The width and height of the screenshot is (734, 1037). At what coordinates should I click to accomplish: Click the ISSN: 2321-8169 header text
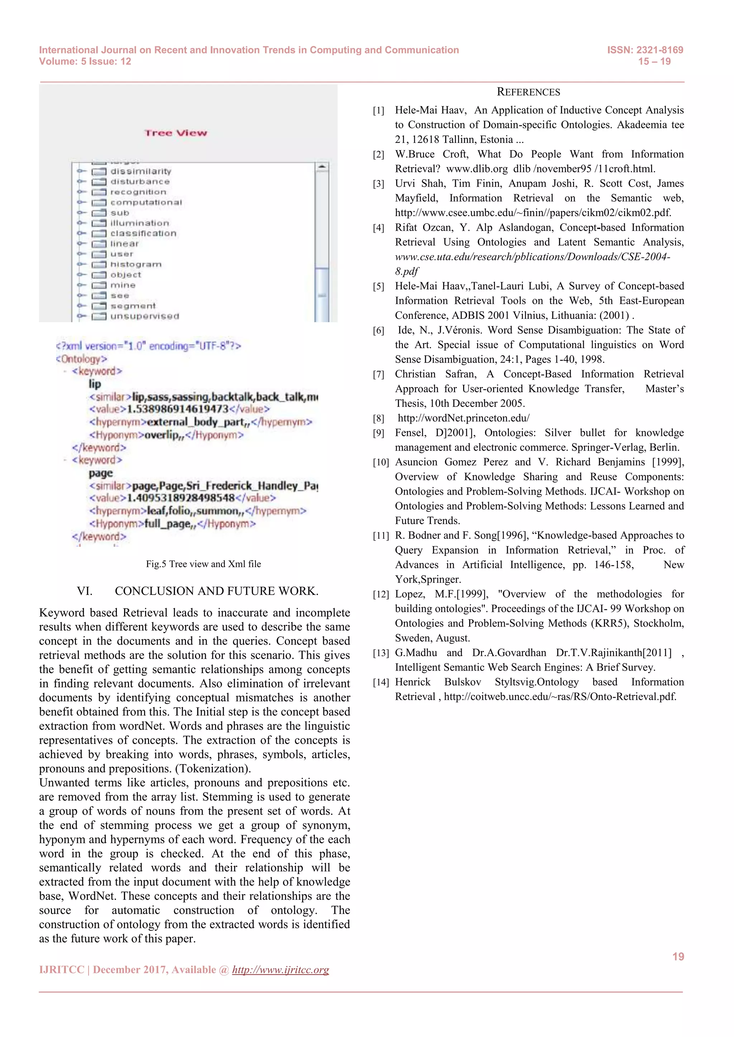click(645, 50)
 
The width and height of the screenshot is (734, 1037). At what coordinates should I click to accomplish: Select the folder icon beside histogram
click(99, 265)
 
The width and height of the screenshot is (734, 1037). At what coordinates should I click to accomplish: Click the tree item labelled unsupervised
click(145, 317)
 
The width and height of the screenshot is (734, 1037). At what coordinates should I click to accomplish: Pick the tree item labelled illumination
click(140, 223)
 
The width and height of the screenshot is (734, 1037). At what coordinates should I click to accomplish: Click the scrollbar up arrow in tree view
click(322, 167)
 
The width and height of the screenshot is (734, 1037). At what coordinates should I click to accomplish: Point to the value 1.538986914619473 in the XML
click(178, 409)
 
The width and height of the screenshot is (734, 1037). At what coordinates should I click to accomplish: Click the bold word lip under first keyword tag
click(95, 384)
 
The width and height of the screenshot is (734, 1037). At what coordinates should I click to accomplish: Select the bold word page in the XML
click(100, 473)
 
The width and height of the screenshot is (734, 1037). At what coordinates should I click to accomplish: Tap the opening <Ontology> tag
click(81, 359)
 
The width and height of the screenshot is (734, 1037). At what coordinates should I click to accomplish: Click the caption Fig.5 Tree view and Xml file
click(203, 564)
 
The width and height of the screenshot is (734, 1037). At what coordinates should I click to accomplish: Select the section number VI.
click(85, 591)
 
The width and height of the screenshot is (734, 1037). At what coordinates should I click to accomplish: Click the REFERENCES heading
click(528, 92)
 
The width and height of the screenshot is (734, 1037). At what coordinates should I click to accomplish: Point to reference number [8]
click(378, 419)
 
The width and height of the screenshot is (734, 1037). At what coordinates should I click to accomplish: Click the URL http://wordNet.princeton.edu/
click(463, 418)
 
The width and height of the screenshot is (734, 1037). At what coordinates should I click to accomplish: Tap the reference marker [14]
click(381, 682)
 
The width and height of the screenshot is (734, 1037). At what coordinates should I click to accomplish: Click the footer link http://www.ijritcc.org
click(280, 970)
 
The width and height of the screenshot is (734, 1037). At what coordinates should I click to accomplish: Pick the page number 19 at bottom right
click(678, 957)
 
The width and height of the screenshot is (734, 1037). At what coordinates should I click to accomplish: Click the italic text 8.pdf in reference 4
click(406, 272)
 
